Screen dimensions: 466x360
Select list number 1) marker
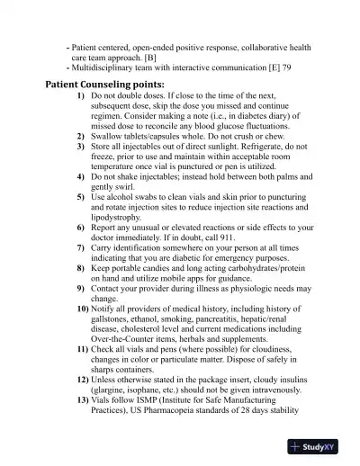tap(81, 95)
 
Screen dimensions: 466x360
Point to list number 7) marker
tap(81, 246)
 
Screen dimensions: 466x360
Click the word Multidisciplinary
tap(106, 67)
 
